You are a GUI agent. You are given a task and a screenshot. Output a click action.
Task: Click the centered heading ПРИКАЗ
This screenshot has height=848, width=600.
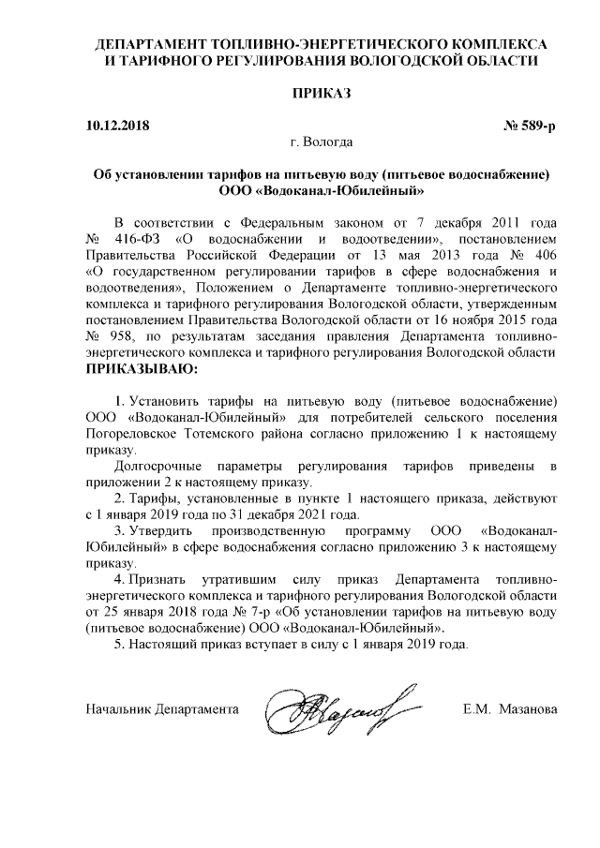click(322, 95)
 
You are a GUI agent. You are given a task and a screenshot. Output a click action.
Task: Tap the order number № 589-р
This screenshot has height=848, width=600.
click(531, 125)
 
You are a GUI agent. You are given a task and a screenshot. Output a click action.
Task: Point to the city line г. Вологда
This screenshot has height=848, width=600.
click(322, 143)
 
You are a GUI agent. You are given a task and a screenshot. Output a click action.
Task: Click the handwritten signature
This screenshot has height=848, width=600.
click(337, 708)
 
